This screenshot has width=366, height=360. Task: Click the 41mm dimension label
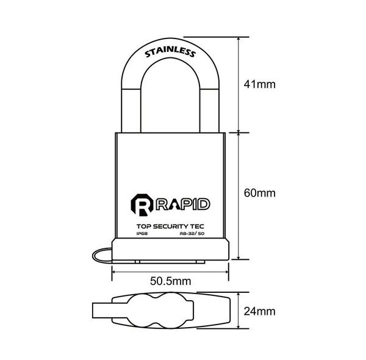[x=260, y=84]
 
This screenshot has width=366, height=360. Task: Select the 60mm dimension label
[x=260, y=193]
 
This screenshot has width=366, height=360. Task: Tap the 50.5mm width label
[x=170, y=281]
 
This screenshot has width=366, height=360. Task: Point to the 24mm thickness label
[x=260, y=311]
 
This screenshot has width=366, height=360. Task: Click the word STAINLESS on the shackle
[x=170, y=52]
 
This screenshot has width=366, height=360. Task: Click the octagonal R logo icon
[x=142, y=205]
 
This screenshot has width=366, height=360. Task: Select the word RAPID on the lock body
[x=182, y=204]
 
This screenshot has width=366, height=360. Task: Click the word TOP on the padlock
[x=144, y=226]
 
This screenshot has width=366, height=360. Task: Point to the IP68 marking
[x=142, y=234]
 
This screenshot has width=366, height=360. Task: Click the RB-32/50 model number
[x=192, y=234]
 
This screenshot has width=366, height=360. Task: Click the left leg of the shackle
[x=131, y=111]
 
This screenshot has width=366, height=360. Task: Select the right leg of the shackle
[x=209, y=111]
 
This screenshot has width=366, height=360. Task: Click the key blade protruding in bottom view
[x=102, y=311]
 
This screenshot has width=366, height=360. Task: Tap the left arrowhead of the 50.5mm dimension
[x=113, y=272]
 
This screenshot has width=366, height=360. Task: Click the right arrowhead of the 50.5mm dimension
[x=227, y=272]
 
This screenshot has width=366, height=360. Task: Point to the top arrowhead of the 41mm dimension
[x=239, y=39]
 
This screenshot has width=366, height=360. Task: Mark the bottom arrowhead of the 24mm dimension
[x=239, y=326]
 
